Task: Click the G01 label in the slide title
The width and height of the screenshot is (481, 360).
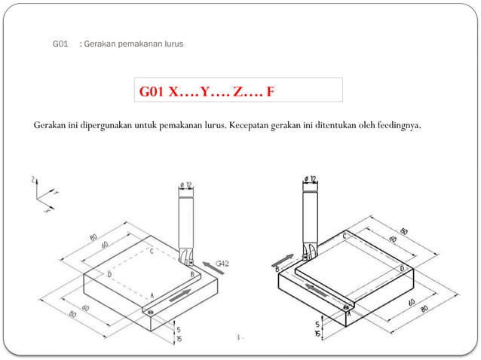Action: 60,44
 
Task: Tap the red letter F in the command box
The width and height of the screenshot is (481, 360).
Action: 270,92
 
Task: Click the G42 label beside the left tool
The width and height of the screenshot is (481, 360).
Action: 222,264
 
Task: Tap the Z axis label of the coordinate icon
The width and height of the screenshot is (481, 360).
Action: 34,180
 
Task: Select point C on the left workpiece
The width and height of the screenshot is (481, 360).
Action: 152,252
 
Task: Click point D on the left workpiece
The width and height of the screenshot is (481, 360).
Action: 109,275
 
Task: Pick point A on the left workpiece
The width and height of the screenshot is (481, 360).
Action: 152,296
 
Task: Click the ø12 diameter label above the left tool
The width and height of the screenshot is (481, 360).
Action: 185,184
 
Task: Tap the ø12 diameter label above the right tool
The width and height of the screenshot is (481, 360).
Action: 309,179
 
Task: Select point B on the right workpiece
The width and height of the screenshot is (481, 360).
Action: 278,268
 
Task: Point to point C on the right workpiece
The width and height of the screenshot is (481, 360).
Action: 345,236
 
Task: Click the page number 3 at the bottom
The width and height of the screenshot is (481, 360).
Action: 238,337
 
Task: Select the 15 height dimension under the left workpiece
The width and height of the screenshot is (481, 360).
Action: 179,340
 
